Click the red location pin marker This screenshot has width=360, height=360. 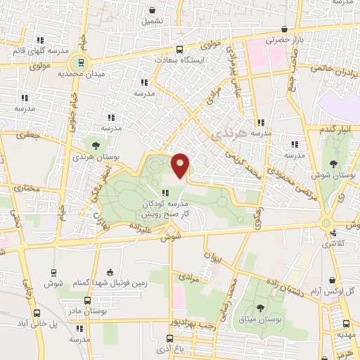[x=181, y=166]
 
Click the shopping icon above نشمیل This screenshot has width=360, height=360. [x=153, y=10]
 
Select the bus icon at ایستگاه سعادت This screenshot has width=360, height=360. [x=179, y=49]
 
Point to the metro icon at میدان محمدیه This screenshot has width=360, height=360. [x=82, y=62]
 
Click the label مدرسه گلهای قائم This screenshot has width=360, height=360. [x=38, y=51]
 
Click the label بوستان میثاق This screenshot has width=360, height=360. [x=261, y=319]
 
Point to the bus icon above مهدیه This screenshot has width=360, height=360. [x=345, y=324]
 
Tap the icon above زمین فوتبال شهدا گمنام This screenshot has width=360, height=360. [x=109, y=272]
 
